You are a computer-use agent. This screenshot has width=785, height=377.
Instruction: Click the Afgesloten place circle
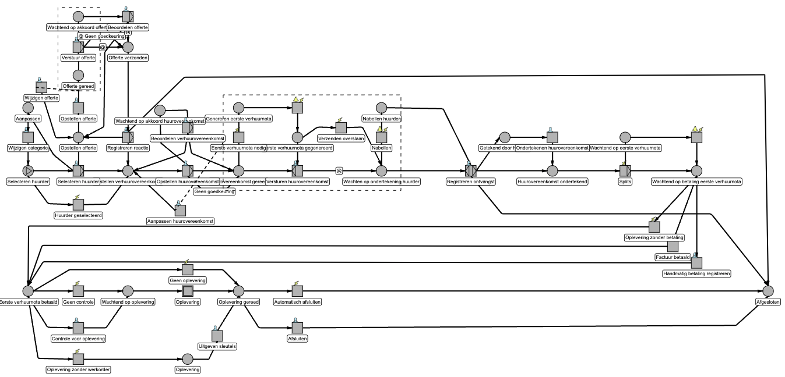(768, 291)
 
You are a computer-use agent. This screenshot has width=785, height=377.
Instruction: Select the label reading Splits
(624, 182)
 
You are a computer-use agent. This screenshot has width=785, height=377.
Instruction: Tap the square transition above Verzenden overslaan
(341, 127)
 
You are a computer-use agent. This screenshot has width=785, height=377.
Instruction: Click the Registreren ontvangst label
(471, 182)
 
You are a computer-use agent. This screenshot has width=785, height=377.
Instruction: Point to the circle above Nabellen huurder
(381, 108)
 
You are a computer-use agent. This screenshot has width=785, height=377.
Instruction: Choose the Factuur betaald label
(673, 257)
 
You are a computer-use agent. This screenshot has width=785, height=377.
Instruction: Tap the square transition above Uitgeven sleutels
(217, 336)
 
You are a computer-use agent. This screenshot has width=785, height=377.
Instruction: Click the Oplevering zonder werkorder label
(79, 369)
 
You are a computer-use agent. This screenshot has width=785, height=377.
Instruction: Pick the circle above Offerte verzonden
(128, 47)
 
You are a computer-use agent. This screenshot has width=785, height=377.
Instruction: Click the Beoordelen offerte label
(128, 27)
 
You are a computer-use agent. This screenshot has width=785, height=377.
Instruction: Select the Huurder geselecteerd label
(78, 215)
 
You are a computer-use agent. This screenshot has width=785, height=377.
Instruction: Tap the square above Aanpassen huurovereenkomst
(181, 210)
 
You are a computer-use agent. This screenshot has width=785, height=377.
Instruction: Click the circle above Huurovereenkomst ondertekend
(552, 171)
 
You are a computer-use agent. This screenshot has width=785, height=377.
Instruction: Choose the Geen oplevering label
(188, 280)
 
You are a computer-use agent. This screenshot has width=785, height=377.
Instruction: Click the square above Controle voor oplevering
(78, 328)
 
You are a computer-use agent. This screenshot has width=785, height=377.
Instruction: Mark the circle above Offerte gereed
(79, 75)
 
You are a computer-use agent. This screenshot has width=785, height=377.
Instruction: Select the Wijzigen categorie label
(27, 148)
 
